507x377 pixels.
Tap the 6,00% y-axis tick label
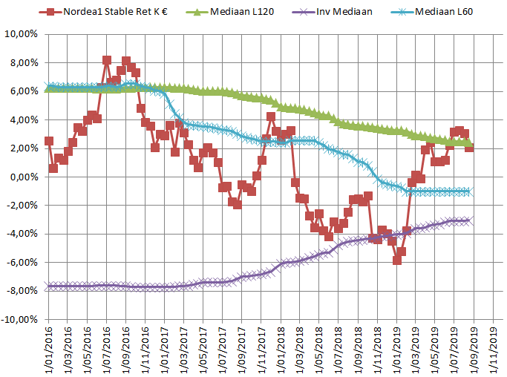click(23, 91)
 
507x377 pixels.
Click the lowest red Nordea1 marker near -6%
click(397, 260)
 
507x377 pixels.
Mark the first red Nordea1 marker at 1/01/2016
click(49, 141)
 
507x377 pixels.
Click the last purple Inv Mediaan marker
click(469, 220)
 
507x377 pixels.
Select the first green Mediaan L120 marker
click(49, 88)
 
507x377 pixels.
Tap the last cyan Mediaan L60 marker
click(469, 191)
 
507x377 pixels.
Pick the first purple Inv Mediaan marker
click(49, 286)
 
